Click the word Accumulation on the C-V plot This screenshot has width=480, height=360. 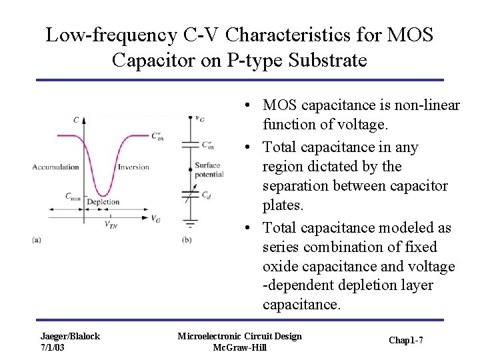(x=55, y=167)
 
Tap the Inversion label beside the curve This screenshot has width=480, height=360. (x=133, y=167)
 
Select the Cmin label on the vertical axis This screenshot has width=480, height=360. (x=73, y=196)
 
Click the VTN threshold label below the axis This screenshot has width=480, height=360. (x=111, y=225)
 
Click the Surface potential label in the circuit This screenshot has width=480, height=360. (x=209, y=170)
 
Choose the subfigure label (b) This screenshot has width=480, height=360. (x=187, y=239)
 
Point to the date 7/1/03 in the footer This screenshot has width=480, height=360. (x=53, y=348)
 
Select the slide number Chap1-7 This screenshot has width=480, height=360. (x=406, y=341)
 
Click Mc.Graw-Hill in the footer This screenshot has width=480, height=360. (x=239, y=348)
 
